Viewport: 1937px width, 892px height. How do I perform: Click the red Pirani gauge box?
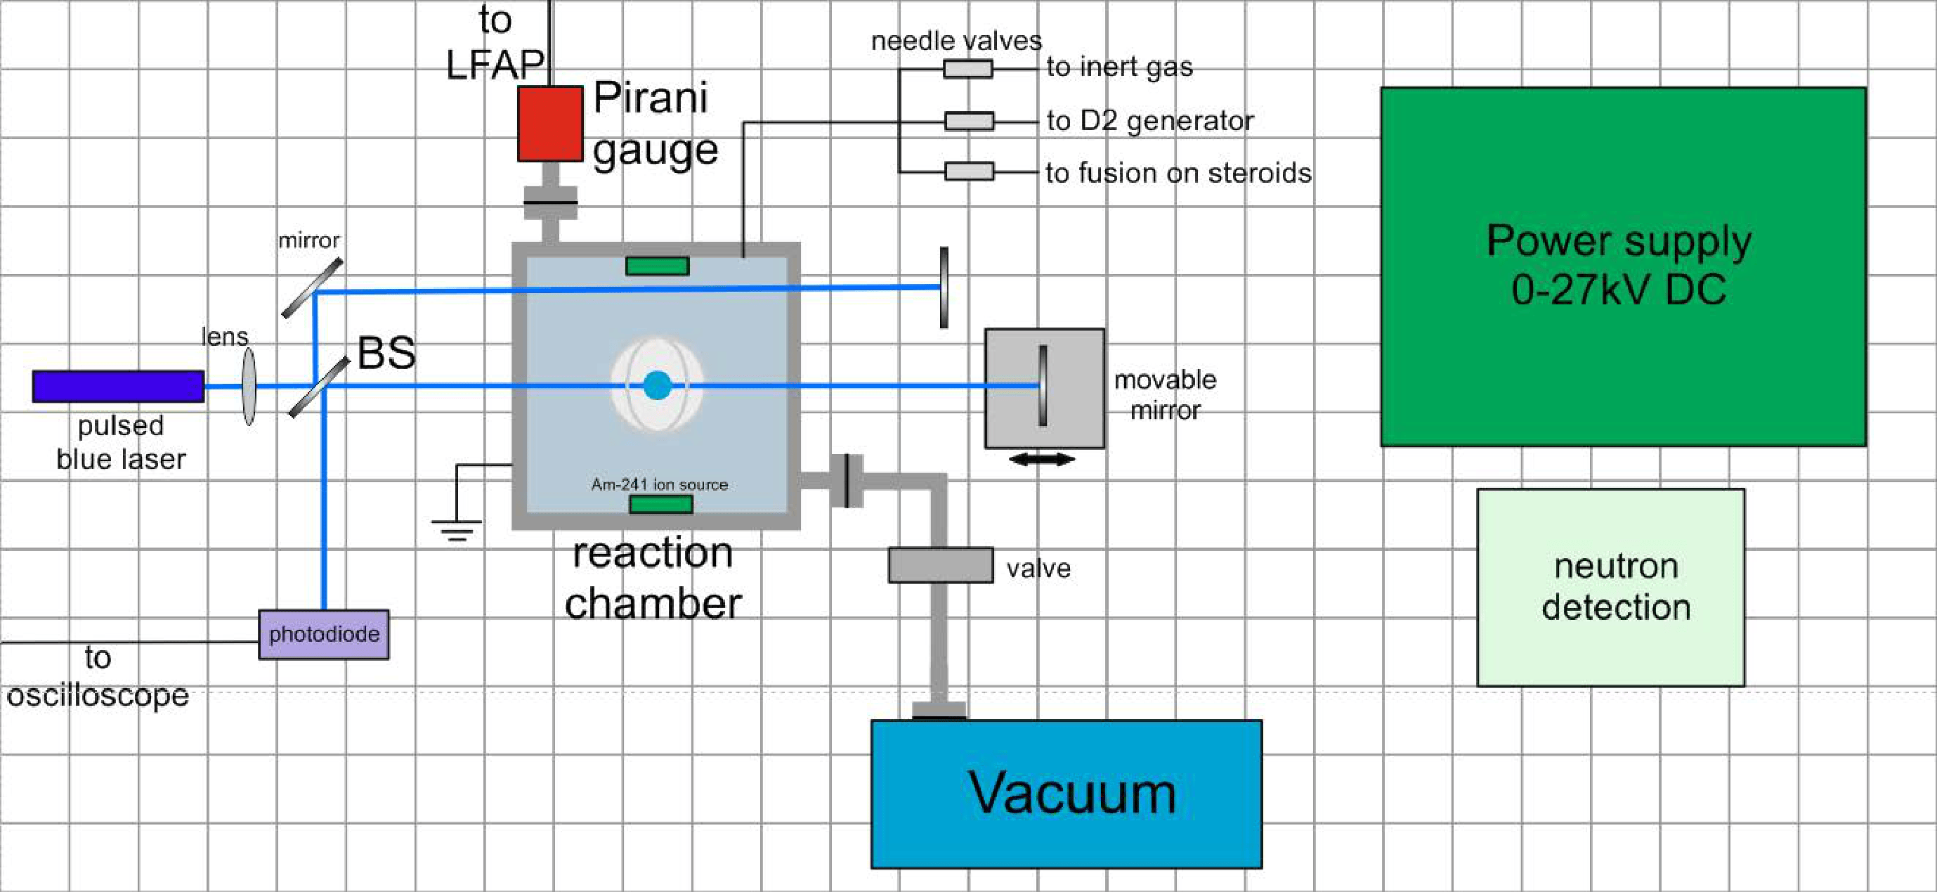click(x=549, y=123)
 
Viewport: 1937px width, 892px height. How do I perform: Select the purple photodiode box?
click(x=324, y=634)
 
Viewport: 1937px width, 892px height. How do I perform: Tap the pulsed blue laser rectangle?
click(x=118, y=386)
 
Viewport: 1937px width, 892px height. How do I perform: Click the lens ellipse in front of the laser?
click(x=249, y=386)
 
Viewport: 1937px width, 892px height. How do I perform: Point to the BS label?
click(x=386, y=352)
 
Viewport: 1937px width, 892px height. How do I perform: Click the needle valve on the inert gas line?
click(x=967, y=68)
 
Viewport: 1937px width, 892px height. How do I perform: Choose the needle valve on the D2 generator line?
click(x=968, y=121)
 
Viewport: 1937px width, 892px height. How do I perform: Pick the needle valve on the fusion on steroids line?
click(x=968, y=172)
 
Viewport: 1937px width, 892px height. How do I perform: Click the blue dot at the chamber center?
click(x=657, y=385)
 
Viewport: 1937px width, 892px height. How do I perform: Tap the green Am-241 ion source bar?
click(x=660, y=504)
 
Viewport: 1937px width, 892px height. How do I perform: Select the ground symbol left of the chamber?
click(x=457, y=529)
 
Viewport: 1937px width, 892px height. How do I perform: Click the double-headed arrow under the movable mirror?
click(x=1041, y=459)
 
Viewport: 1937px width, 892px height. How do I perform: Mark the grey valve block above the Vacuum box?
click(x=940, y=565)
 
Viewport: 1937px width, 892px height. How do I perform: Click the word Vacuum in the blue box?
click(x=1071, y=793)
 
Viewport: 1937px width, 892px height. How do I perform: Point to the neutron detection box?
click(x=1611, y=587)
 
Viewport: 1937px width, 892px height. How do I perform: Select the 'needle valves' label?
click(x=956, y=41)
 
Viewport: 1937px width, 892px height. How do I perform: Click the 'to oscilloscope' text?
click(x=98, y=677)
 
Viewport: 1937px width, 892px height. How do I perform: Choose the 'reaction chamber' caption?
click(x=653, y=578)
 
